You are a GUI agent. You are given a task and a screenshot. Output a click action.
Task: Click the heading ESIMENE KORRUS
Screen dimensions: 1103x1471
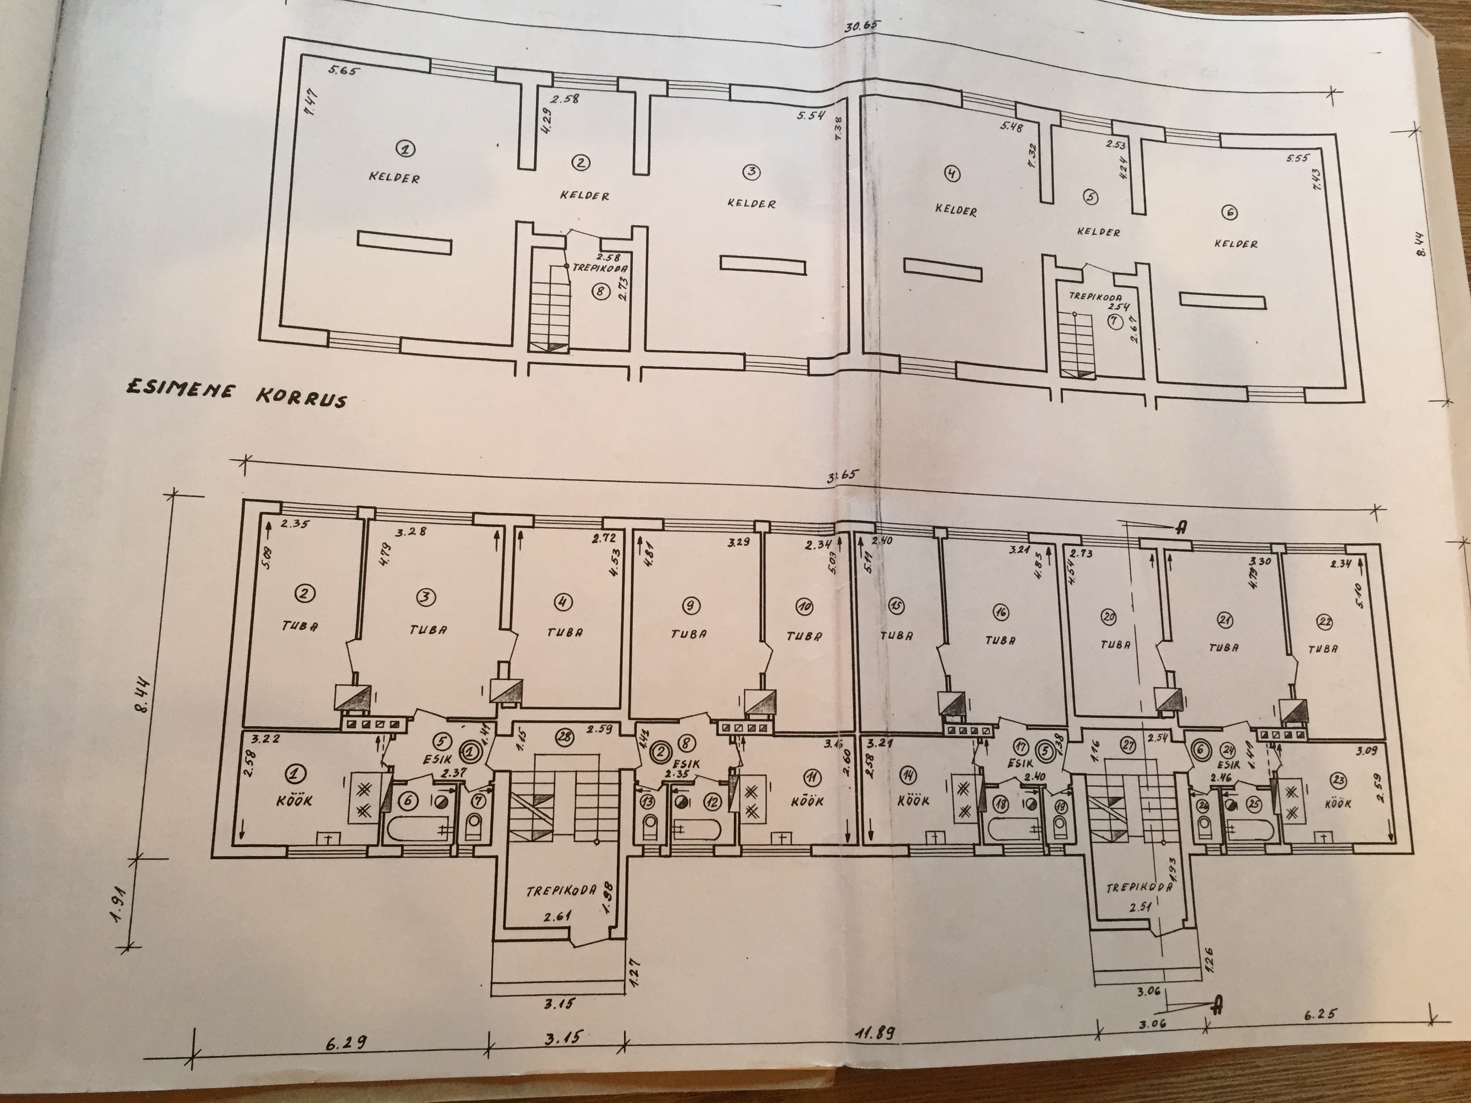236,394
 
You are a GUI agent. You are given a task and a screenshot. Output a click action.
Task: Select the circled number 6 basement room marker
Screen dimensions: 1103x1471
1229,213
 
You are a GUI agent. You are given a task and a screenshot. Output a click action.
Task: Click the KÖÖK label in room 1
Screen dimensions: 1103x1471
293,801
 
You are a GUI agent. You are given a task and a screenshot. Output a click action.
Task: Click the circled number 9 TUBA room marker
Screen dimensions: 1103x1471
690,604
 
